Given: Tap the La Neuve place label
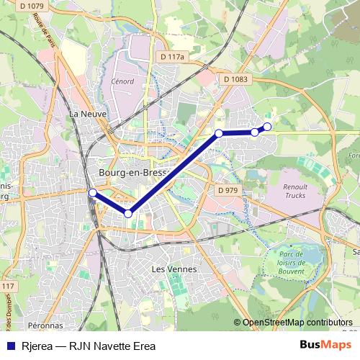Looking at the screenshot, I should (x=84, y=114).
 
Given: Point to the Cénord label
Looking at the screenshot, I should (x=122, y=81).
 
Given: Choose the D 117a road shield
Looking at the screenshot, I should (x=173, y=56).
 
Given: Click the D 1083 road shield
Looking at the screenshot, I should (x=235, y=79).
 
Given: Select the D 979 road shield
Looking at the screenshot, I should (x=227, y=190).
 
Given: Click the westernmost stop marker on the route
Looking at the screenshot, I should (x=92, y=192).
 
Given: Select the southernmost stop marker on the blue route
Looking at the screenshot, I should (x=128, y=213).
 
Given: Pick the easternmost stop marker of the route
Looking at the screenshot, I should (x=267, y=127).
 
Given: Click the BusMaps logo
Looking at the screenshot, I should (x=328, y=345).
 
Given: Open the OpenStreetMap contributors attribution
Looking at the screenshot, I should (x=297, y=323).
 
